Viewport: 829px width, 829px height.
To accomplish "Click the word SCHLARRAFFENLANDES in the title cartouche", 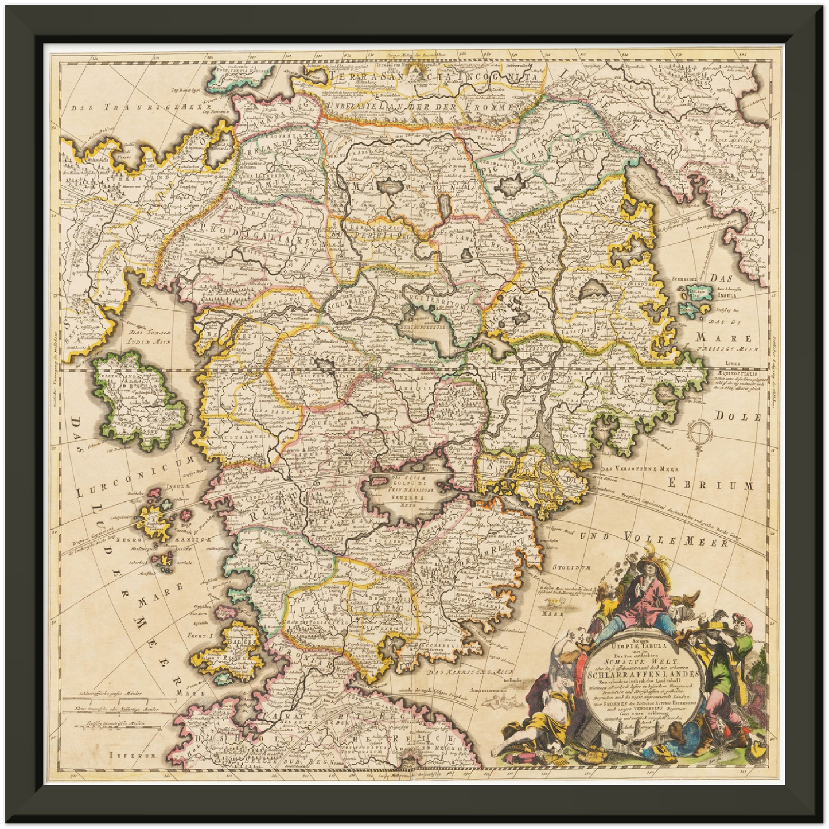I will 643,675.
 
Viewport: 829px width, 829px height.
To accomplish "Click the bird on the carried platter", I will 718,618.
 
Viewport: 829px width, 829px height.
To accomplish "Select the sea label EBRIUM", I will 710,485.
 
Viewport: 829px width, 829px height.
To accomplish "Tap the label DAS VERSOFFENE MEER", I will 636,469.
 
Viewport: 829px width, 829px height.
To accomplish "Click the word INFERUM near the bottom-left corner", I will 133,756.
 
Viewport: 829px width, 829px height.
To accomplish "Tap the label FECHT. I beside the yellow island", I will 200,636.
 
